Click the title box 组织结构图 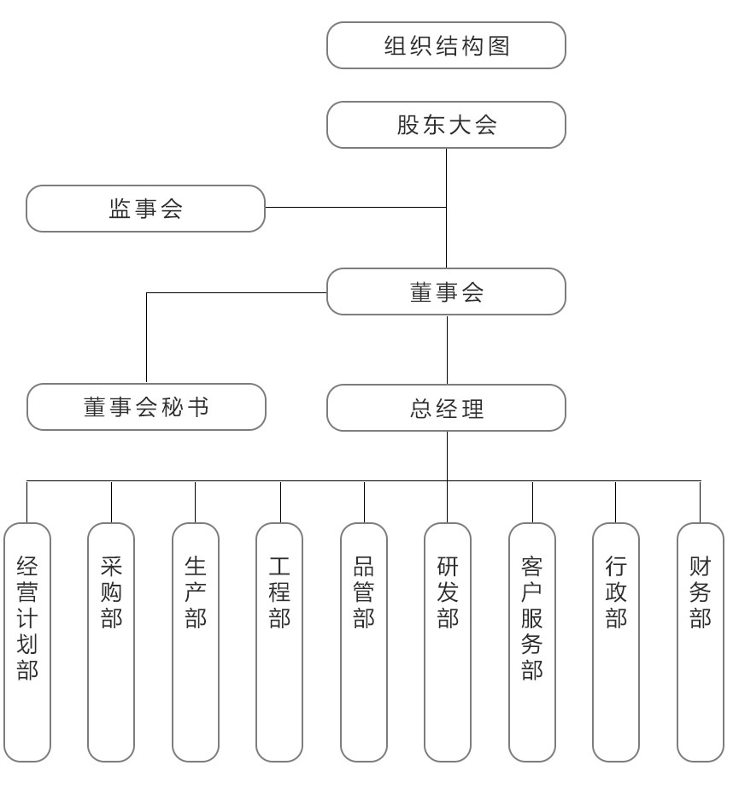pyautogui.click(x=446, y=45)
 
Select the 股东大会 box pyautogui.click(x=446, y=125)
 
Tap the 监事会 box pyautogui.click(x=145, y=209)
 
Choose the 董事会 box pyautogui.click(x=446, y=291)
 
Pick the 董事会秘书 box pyautogui.click(x=146, y=407)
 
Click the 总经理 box pyautogui.click(x=446, y=408)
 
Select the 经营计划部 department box pyautogui.click(x=27, y=643)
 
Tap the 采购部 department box pyautogui.click(x=111, y=643)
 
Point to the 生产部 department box pyautogui.click(x=196, y=643)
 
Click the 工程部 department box pyautogui.click(x=279, y=643)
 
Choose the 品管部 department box pyautogui.click(x=364, y=643)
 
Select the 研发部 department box pyautogui.click(x=448, y=643)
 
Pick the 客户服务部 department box pyautogui.click(x=532, y=643)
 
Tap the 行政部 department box pyautogui.click(x=616, y=643)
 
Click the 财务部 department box pyautogui.click(x=701, y=643)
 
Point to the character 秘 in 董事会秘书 pyautogui.click(x=173, y=407)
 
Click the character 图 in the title pyautogui.click(x=499, y=46)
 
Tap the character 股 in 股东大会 pyautogui.click(x=408, y=125)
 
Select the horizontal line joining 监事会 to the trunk pyautogui.click(x=355, y=208)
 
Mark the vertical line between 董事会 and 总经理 pyautogui.click(x=447, y=350)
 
